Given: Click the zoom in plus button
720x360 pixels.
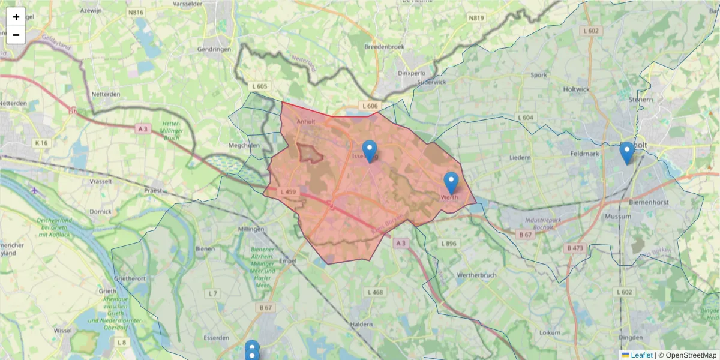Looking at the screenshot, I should (16, 17).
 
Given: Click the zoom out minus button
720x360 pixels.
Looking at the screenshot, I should (16, 35).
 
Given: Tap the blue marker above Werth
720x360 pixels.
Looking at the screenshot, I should (451, 182).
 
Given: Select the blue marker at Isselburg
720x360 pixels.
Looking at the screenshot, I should (370, 151).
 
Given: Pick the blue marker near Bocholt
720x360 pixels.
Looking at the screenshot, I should (626, 152).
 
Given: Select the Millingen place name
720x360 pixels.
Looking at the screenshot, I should (251, 229).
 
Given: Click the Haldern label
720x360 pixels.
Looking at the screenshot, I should (362, 325).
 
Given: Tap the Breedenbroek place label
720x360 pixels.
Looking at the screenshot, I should (385, 46).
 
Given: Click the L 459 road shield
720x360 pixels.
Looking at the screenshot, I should (287, 192).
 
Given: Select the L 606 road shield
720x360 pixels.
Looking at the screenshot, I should (371, 106).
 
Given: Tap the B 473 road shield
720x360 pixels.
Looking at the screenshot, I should (575, 247).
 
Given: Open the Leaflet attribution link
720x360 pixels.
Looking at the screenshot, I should (641, 355).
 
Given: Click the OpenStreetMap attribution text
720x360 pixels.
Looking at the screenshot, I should (691, 355).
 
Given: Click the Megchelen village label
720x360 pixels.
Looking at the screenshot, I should (243, 145).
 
